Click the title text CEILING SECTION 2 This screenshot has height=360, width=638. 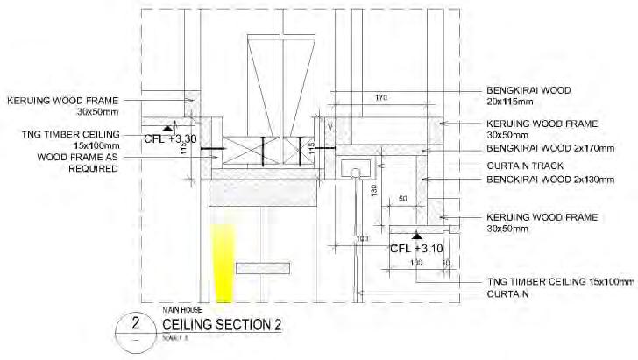223,326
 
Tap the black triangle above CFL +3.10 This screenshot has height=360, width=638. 418,236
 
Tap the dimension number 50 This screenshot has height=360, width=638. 404,201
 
